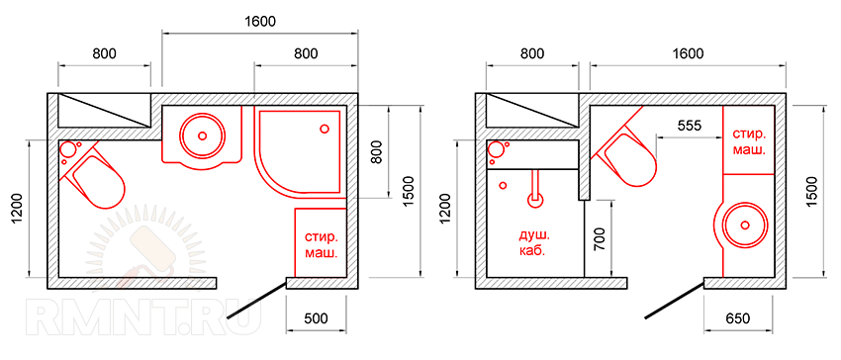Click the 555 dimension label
[x=690, y=126]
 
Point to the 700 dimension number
[x=600, y=239]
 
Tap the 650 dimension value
[x=739, y=318]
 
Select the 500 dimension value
[x=316, y=318]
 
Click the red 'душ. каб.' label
[x=533, y=243]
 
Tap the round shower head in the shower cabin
[x=534, y=201]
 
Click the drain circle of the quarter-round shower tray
[x=324, y=129]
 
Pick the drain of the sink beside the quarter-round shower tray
[x=202, y=135]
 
